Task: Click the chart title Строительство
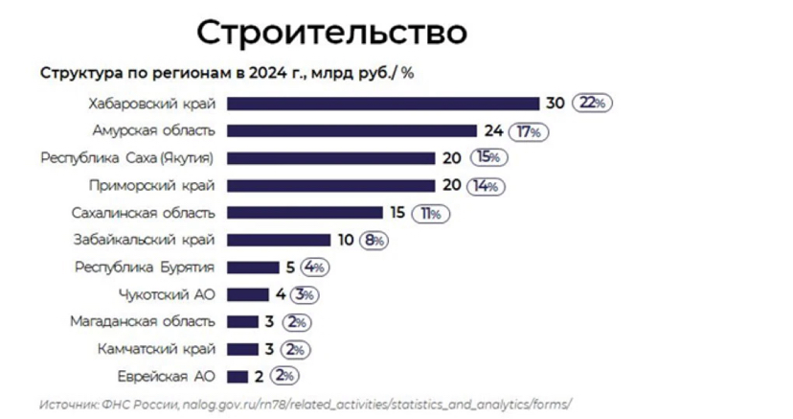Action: click(x=332, y=33)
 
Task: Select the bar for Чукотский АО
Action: click(x=249, y=294)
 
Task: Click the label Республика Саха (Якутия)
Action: click(x=126, y=158)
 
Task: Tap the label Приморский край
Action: click(x=151, y=185)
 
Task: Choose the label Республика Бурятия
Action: click(x=145, y=268)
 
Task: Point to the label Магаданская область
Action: click(x=143, y=321)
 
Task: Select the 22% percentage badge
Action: click(x=591, y=104)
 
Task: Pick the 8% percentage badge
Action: click(x=374, y=240)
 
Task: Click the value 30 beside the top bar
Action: click(x=555, y=104)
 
